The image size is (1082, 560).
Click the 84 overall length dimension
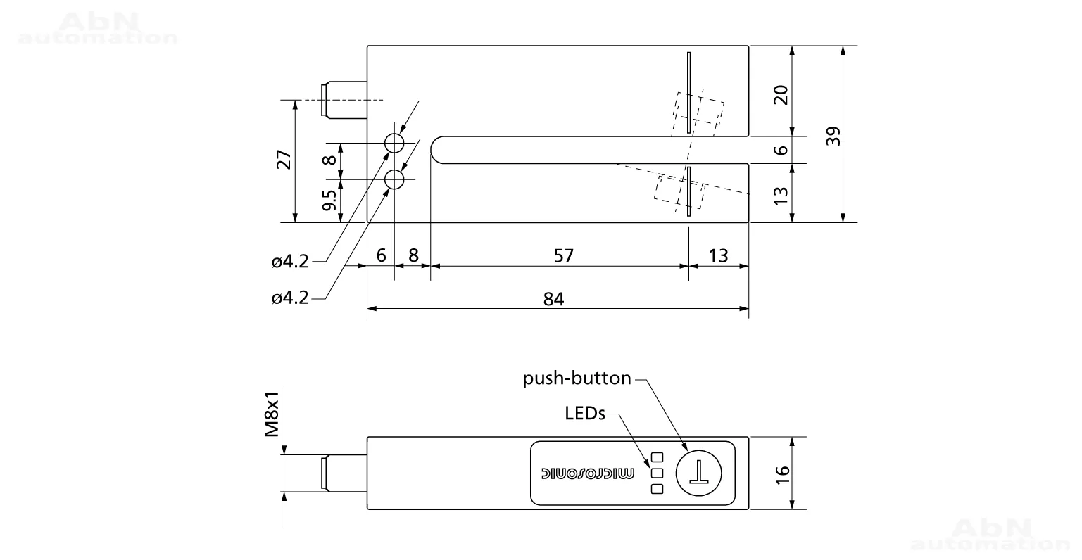[553, 299]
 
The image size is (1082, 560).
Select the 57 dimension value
[563, 256]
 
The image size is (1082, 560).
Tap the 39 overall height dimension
[833, 136]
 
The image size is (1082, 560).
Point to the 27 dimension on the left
[284, 160]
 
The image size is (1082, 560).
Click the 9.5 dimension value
[329, 200]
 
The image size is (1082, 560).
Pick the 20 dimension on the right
[781, 94]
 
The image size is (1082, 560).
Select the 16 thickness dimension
[783, 474]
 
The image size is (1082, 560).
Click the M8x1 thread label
[272, 414]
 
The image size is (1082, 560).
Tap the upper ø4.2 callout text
[290, 262]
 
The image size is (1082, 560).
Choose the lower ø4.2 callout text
[290, 298]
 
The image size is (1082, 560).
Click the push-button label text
[577, 378]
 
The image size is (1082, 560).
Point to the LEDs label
[585, 414]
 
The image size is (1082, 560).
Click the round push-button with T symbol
[698, 473]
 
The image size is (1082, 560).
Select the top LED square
[657, 457]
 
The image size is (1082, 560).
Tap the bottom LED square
[657, 489]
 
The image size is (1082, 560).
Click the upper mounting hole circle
[395, 143]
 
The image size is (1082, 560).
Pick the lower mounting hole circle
[395, 180]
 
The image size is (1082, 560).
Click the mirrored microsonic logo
[587, 473]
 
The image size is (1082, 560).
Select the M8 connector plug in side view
[344, 473]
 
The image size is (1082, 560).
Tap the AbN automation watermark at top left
[98, 29]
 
